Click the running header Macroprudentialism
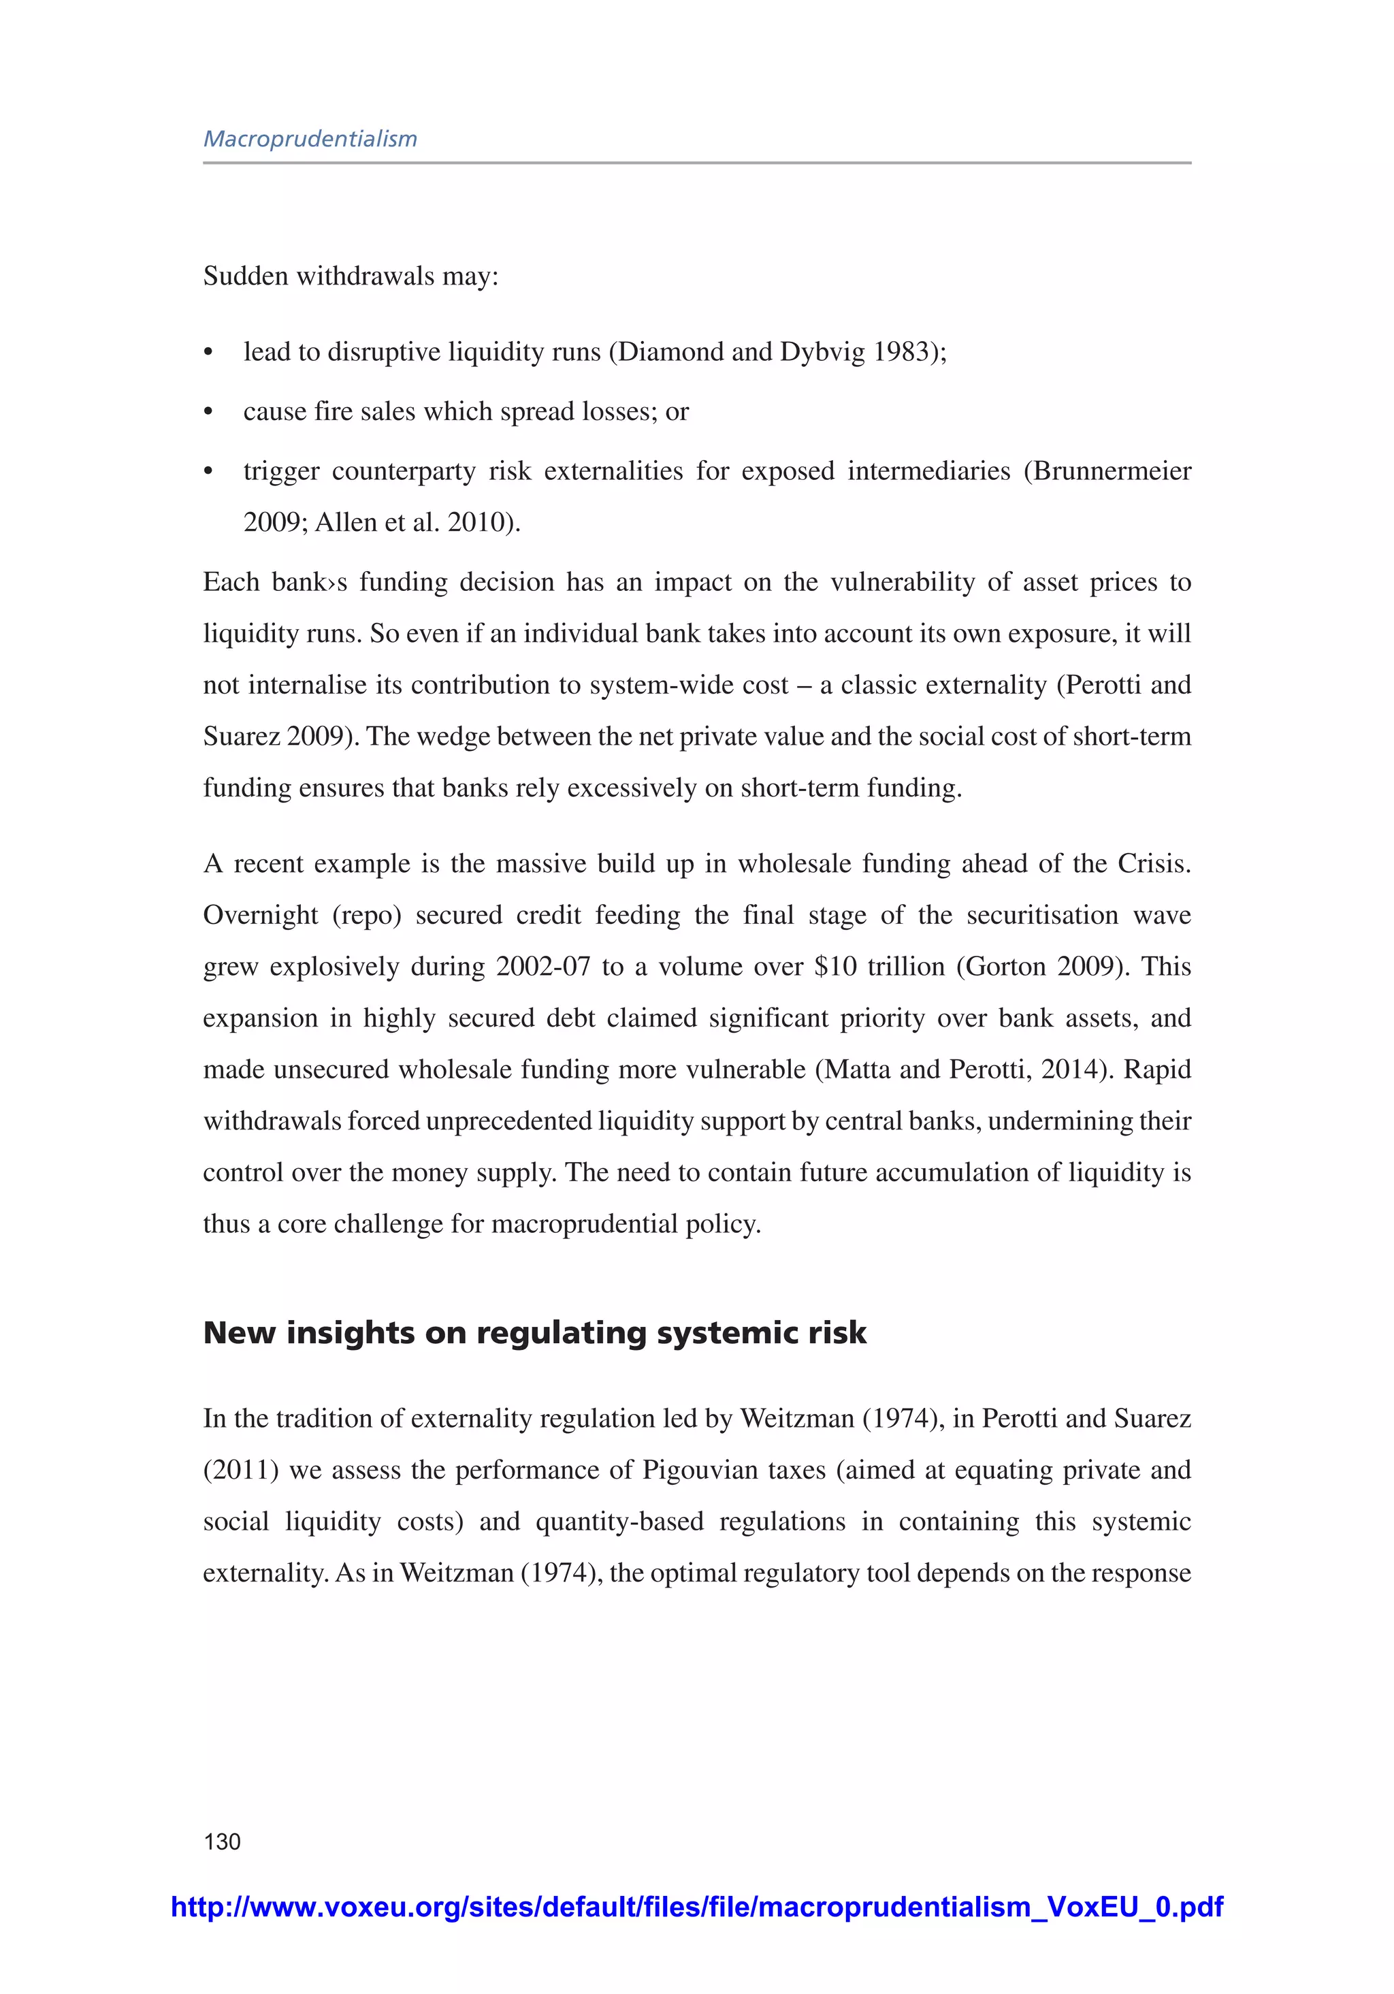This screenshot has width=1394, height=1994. (310, 139)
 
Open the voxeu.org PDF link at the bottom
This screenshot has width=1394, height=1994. (696, 1906)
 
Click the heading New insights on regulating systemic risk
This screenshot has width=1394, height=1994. (534, 1332)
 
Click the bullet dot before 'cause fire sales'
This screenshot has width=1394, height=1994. (208, 413)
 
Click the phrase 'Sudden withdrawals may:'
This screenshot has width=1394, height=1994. (351, 276)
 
